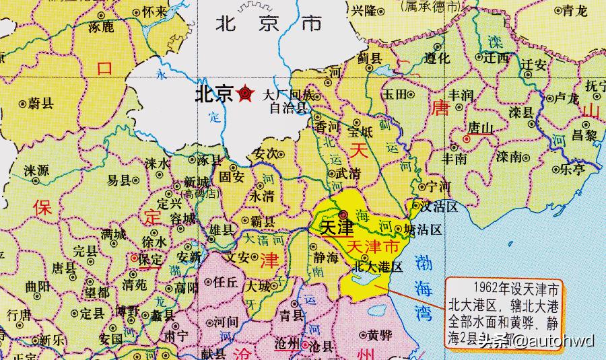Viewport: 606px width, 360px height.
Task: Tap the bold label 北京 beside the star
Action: pos(213,93)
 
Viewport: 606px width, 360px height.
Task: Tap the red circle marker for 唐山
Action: pos(466,139)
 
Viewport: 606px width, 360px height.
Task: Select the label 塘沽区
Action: pos(427,230)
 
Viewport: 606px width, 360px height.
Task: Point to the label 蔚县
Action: pos(40,104)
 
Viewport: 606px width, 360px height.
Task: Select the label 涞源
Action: pos(36,170)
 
